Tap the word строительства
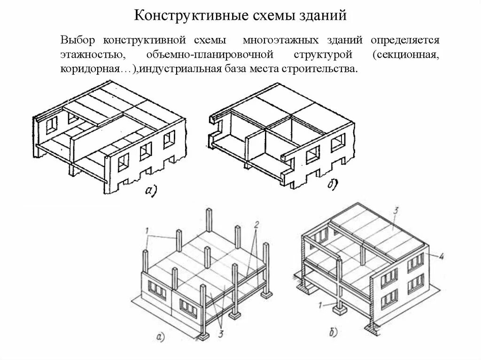click(316, 69)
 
